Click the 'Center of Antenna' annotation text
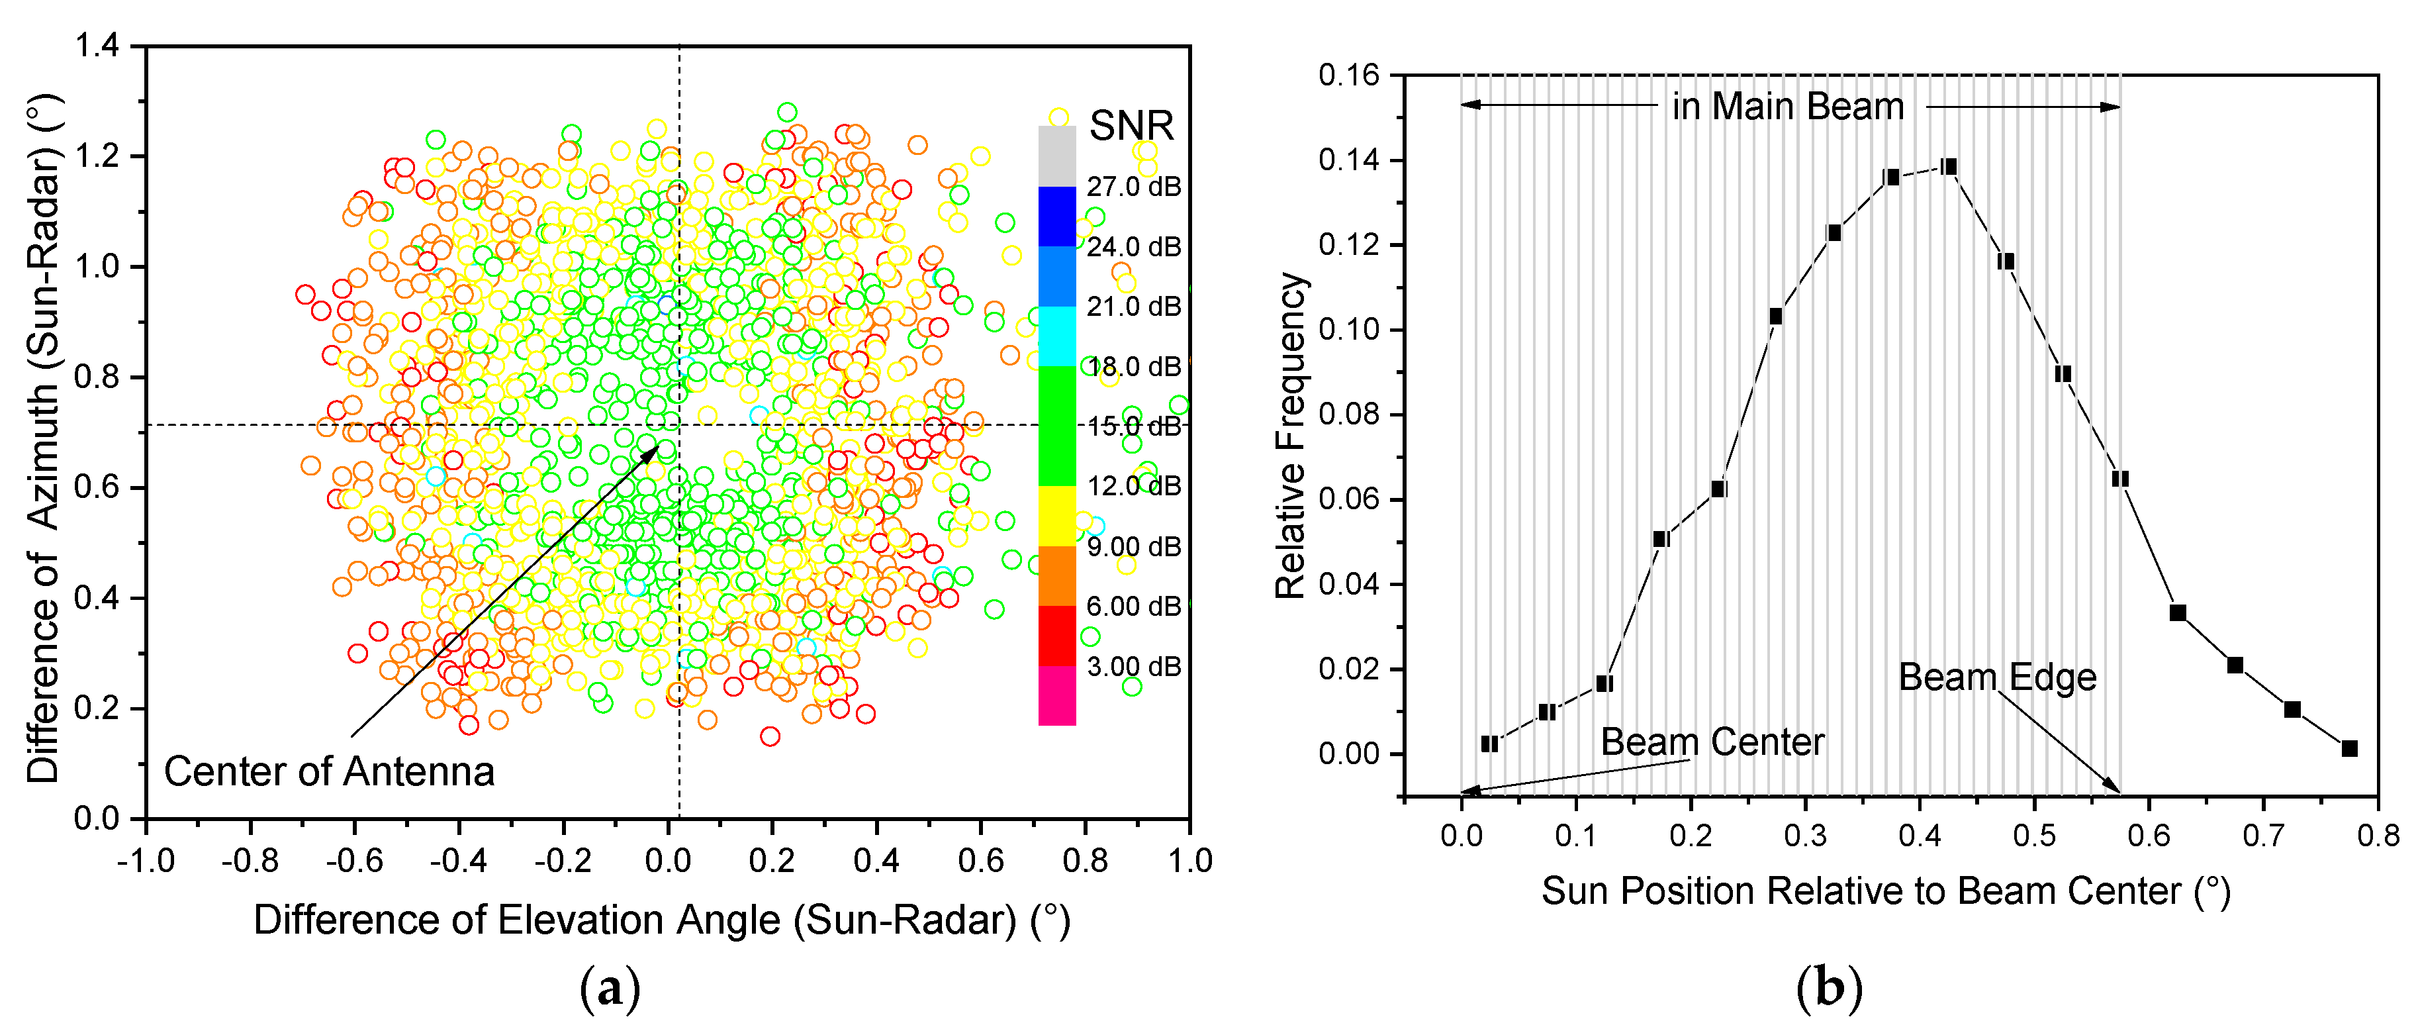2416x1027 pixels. (328, 772)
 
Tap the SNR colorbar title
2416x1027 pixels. (1131, 126)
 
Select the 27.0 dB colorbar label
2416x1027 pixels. (1133, 187)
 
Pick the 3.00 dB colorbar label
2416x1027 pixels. (1133, 667)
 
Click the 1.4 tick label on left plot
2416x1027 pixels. (97, 45)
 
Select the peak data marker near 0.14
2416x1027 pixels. (1949, 167)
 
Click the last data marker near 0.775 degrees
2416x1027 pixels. (2348, 748)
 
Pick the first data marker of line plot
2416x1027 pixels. (1489, 744)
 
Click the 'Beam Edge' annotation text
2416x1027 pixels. (1997, 677)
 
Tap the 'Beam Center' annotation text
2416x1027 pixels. (1712, 742)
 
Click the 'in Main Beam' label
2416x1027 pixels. (1788, 106)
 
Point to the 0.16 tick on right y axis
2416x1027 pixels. (1349, 75)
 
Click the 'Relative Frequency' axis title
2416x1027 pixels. (1291, 436)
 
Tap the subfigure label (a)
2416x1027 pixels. (610, 989)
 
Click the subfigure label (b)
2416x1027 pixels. (1829, 989)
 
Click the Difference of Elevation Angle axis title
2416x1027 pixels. (661, 920)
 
